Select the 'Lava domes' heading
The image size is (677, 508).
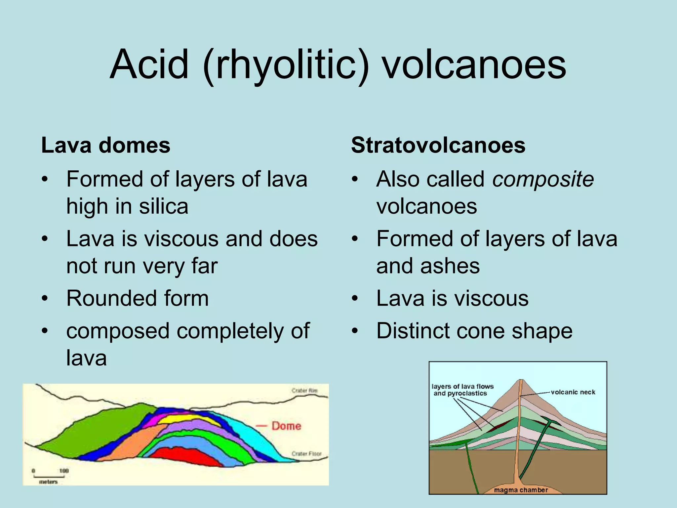click(105, 145)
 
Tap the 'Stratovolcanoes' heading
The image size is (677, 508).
click(438, 145)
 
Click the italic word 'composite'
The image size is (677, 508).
click(543, 179)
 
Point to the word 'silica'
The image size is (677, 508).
click(163, 207)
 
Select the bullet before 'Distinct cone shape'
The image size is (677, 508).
click(355, 331)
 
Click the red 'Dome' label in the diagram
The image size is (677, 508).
click(286, 426)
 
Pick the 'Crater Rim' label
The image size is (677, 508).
click(304, 391)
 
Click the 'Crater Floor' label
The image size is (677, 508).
click(306, 454)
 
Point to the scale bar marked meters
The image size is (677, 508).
click(48, 476)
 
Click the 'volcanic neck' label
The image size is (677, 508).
click(573, 392)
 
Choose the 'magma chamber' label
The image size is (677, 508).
click(521, 490)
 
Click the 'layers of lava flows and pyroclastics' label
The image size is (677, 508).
click(462, 390)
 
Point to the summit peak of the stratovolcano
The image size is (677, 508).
click(521, 380)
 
